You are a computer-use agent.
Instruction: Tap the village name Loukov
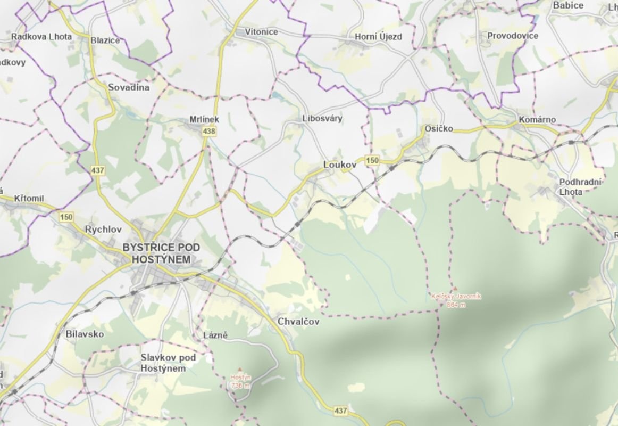pyautogui.click(x=339, y=166)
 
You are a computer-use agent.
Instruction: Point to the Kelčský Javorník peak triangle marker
pyautogui.click(x=455, y=289)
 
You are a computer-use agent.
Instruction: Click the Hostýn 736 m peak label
pyautogui.click(x=240, y=381)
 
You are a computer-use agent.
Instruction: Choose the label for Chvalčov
pyautogui.click(x=299, y=322)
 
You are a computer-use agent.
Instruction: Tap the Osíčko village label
pyautogui.click(x=439, y=129)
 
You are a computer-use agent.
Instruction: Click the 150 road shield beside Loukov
pyautogui.click(x=372, y=160)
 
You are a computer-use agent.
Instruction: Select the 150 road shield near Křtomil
pyautogui.click(x=66, y=217)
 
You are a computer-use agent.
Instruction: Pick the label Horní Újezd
pyautogui.click(x=378, y=37)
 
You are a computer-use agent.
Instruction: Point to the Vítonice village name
pyautogui.click(x=261, y=32)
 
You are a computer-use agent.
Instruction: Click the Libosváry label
pyautogui.click(x=322, y=118)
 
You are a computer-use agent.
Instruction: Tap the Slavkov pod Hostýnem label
pyautogui.click(x=163, y=363)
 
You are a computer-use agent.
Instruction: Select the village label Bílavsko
pyautogui.click(x=85, y=334)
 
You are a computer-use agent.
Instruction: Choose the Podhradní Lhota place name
pyautogui.click(x=580, y=187)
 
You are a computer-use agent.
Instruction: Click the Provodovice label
pyautogui.click(x=513, y=36)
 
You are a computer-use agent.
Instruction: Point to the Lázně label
pyautogui.click(x=215, y=335)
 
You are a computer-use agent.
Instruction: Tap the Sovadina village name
pyautogui.click(x=129, y=87)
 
